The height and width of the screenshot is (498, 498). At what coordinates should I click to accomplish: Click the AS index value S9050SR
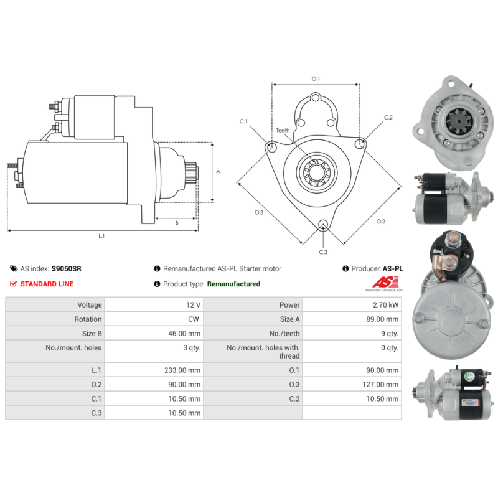tap(67, 269)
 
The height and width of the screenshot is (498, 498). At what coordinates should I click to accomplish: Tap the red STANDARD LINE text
tap(47, 284)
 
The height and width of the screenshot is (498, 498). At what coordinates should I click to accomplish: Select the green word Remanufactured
tap(233, 284)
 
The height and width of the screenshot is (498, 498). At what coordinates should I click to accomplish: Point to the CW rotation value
tap(194, 319)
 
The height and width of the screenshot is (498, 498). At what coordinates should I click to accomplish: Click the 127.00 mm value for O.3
tap(380, 384)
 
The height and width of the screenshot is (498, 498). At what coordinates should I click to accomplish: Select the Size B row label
tap(92, 333)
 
